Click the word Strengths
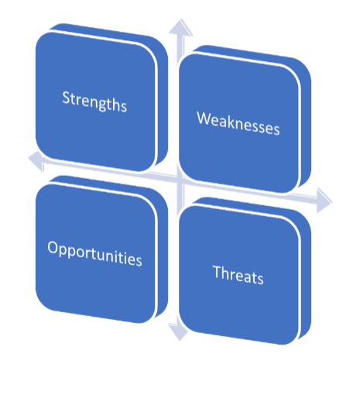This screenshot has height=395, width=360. click(94, 101)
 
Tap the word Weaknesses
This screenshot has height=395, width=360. click(238, 123)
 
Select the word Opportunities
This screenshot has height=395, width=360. click(94, 254)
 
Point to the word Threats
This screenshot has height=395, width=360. click(238, 275)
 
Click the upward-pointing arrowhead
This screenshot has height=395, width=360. click(180, 27)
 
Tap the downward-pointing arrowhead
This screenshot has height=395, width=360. click(179, 332)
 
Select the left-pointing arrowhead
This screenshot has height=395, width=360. click(36, 160)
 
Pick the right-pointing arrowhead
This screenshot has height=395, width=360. click(324, 201)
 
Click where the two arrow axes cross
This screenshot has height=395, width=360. click(180, 180)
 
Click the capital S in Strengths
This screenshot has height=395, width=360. click(66, 97)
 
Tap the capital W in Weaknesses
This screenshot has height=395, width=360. click(204, 118)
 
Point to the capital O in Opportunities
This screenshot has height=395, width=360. click(53, 247)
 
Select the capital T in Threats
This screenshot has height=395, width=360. click(218, 272)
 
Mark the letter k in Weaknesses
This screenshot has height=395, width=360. click(233, 122)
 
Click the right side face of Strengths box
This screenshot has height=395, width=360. click(162, 103)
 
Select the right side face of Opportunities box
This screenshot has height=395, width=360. click(162, 255)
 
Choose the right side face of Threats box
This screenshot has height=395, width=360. click(305, 276)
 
